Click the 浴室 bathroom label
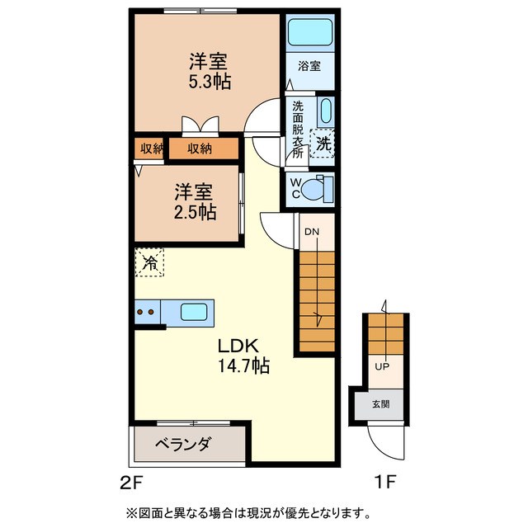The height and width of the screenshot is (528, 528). (309, 67)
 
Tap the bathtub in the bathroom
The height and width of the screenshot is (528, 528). (309, 34)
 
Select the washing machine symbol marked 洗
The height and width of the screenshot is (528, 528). (324, 143)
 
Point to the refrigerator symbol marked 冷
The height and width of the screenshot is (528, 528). (150, 263)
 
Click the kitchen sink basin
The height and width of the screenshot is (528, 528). (195, 313)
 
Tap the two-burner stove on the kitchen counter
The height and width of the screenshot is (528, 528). (146, 313)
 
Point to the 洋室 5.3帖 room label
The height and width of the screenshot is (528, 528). (208, 71)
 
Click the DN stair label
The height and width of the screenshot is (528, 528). (311, 232)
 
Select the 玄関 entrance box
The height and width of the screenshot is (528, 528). (380, 404)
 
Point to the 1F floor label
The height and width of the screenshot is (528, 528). (389, 480)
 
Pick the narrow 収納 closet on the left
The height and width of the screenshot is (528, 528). (150, 148)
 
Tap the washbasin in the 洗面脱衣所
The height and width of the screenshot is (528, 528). (324, 112)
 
